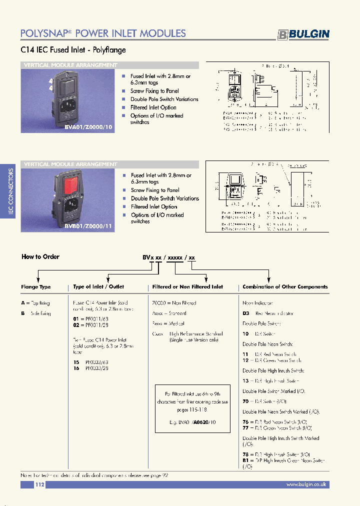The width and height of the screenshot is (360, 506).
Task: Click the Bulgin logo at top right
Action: [303, 34]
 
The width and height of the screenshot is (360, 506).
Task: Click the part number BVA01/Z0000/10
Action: [82, 127]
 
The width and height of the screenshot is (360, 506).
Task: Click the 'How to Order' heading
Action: [40, 256]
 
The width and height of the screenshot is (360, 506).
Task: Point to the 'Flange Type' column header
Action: [36, 287]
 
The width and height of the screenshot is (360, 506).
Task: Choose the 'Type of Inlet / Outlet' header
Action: [98, 287]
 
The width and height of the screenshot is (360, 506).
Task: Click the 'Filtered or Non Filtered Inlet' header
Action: [187, 287]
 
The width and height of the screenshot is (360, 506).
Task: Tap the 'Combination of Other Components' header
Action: [285, 287]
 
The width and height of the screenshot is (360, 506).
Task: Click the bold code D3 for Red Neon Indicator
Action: [246, 313]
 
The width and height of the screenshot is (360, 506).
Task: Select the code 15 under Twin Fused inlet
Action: [75, 361]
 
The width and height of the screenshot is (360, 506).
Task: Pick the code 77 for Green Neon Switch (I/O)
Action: [246, 428]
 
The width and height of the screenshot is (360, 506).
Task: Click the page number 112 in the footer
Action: [40, 484]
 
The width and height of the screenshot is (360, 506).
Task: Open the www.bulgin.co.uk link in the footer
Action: [306, 484]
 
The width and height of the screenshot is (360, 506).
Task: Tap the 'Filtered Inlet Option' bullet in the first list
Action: [153, 107]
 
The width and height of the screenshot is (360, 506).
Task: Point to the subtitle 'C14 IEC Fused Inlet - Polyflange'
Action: [73, 50]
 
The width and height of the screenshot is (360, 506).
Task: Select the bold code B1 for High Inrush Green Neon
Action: [246, 460]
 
